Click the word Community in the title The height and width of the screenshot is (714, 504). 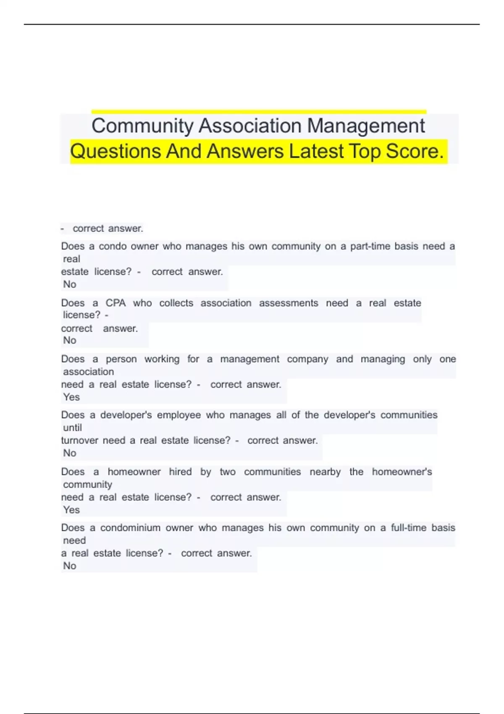coord(142,126)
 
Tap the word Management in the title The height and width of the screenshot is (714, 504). coord(366,126)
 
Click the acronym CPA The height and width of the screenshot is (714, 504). coord(115,303)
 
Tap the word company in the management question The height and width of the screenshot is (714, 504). coord(307,359)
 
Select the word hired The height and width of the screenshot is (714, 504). coord(180,472)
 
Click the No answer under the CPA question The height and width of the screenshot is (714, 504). coord(70,340)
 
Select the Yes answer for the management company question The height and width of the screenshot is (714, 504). coord(71,397)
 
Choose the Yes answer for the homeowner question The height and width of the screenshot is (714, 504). coord(71,509)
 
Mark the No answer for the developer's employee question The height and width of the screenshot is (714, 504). coord(70,453)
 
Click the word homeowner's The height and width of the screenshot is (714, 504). coord(402,472)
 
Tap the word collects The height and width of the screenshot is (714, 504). coord(176,303)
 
